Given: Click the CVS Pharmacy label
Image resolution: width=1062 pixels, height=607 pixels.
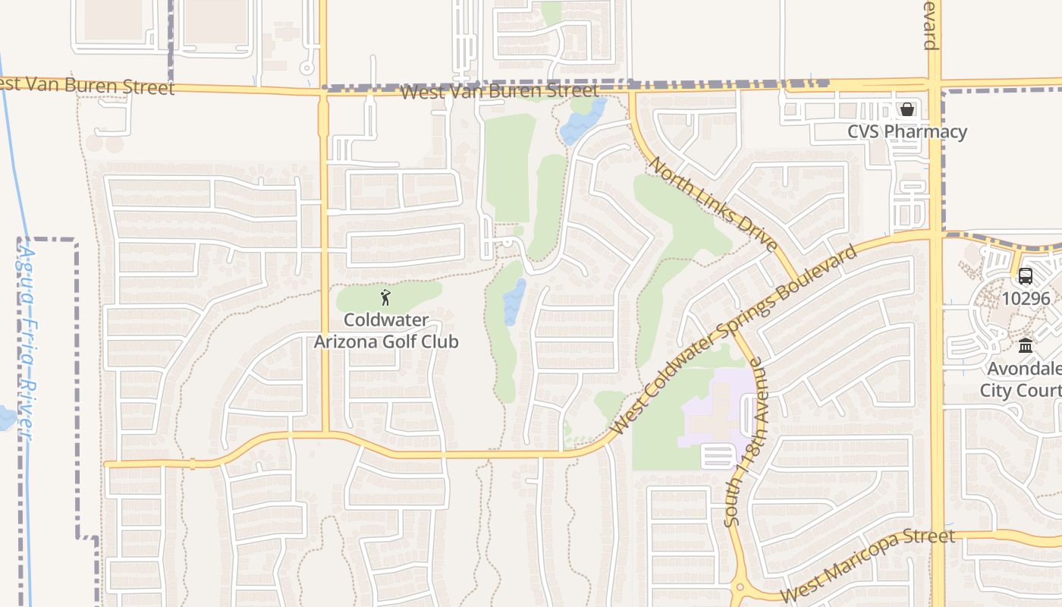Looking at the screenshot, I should pyautogui.click(x=907, y=132).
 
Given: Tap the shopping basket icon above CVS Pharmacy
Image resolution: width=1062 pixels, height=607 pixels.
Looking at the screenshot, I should pyautogui.click(x=907, y=109).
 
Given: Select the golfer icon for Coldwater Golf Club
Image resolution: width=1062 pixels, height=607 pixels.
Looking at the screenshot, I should pyautogui.click(x=385, y=297).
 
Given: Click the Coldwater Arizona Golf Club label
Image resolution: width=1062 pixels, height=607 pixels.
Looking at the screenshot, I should pyautogui.click(x=386, y=331).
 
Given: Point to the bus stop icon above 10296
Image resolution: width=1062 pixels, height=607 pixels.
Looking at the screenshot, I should pyautogui.click(x=1026, y=276).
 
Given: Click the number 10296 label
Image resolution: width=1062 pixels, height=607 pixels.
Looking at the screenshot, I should pyautogui.click(x=1026, y=298).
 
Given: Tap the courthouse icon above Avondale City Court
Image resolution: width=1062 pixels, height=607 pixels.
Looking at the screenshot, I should pyautogui.click(x=1026, y=346).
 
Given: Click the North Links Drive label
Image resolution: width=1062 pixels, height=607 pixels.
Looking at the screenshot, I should pyautogui.click(x=714, y=204).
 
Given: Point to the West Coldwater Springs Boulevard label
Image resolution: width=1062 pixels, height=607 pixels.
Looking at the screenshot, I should pyautogui.click(x=734, y=339).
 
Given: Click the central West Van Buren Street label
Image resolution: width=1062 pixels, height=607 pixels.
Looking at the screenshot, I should pyautogui.click(x=499, y=92).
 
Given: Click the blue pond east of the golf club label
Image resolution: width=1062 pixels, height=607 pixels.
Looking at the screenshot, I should pyautogui.click(x=514, y=302).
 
